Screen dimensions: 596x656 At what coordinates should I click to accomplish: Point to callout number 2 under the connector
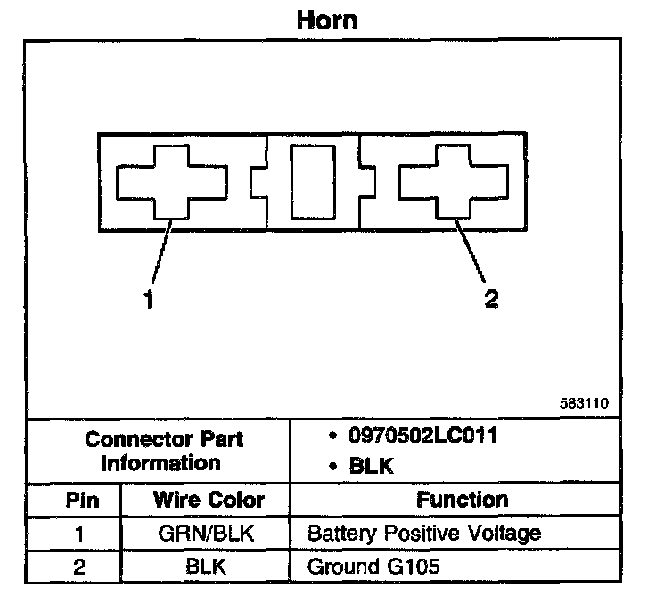tap(491, 299)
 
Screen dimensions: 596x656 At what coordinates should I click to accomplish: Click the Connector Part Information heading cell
tap(164, 451)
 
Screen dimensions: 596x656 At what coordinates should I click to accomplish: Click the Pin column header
tap(83, 500)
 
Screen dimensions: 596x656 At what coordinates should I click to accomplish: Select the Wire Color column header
tap(209, 500)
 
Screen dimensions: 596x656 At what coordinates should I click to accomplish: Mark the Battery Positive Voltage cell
tap(423, 534)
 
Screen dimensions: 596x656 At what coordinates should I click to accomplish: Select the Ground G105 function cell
tap(373, 566)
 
